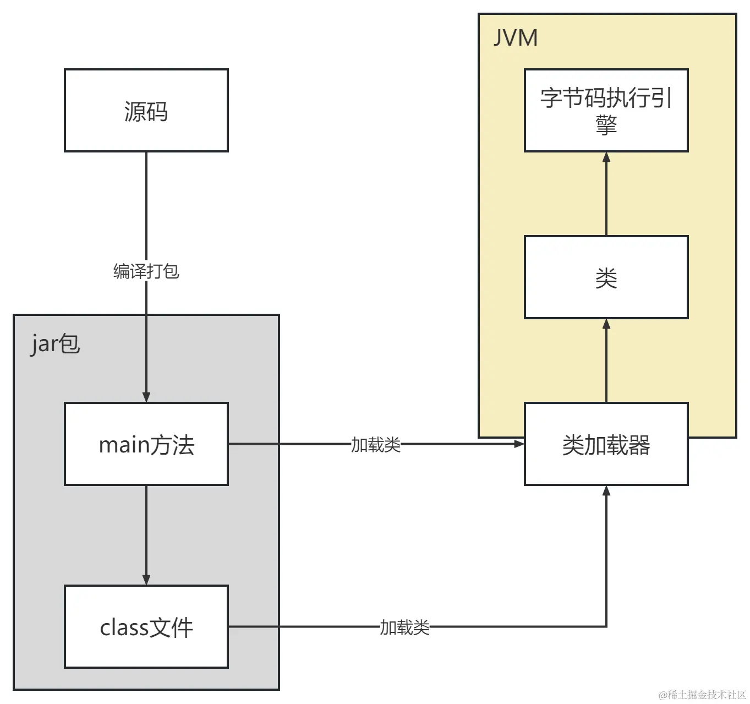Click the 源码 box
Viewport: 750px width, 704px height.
pos(146,111)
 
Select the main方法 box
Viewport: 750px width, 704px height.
pos(146,444)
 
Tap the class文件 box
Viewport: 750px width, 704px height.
pos(146,627)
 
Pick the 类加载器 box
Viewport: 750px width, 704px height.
pos(606,444)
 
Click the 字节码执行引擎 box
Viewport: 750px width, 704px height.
pos(606,111)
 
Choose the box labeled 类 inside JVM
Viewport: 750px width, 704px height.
pos(606,277)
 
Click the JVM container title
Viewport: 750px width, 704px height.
pos(515,38)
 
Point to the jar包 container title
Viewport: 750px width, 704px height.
pos(55,343)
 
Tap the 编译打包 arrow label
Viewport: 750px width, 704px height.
pos(146,271)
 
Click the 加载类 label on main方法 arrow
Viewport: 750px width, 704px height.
pos(376,444)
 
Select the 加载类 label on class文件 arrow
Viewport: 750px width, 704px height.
pos(404,627)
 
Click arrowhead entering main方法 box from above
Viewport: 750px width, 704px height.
pos(146,397)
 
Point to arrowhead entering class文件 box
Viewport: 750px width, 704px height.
pos(146,580)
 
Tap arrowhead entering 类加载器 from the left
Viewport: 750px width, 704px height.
pos(519,444)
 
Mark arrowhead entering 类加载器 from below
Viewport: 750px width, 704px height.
pos(606,491)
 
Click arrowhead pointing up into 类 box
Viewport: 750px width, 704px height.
pos(606,324)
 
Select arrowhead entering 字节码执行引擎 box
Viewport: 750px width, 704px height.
pos(606,157)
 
